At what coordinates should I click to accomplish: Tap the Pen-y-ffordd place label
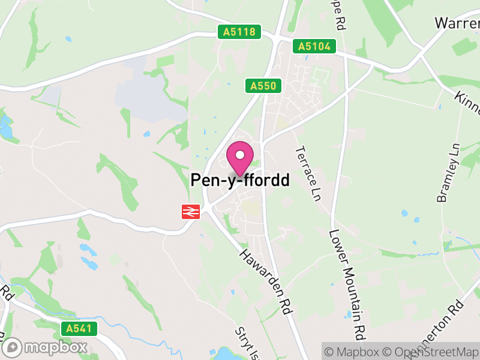coord(240,180)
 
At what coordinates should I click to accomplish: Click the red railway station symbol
coord(190,211)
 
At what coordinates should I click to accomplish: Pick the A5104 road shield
coord(314,46)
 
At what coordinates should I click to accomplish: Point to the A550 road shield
coord(263,86)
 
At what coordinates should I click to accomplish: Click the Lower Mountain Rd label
coord(347,282)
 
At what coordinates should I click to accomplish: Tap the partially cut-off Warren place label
coord(457,23)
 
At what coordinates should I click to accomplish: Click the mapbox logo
coord(47,347)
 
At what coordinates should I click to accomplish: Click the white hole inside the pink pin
coord(240,155)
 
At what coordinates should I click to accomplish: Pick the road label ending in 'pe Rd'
coord(340,15)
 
